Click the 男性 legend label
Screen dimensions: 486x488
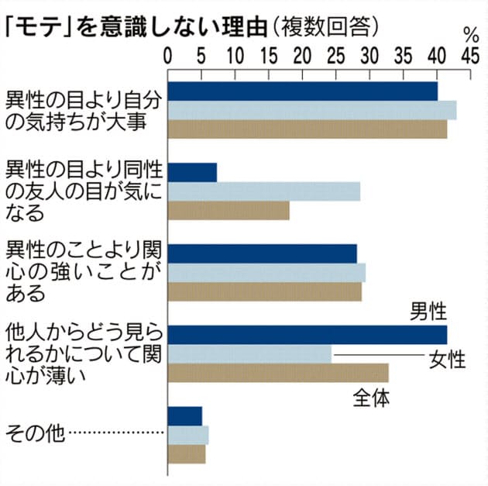[428, 312]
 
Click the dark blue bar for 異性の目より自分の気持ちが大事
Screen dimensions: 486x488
[302, 91]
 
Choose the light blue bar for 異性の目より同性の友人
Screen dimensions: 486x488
[263, 191]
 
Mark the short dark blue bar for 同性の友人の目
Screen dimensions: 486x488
[192, 172]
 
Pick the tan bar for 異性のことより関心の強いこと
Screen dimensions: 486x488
[264, 291]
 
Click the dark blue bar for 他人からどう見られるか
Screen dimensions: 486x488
[307, 335]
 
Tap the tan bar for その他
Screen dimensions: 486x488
[187, 453]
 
